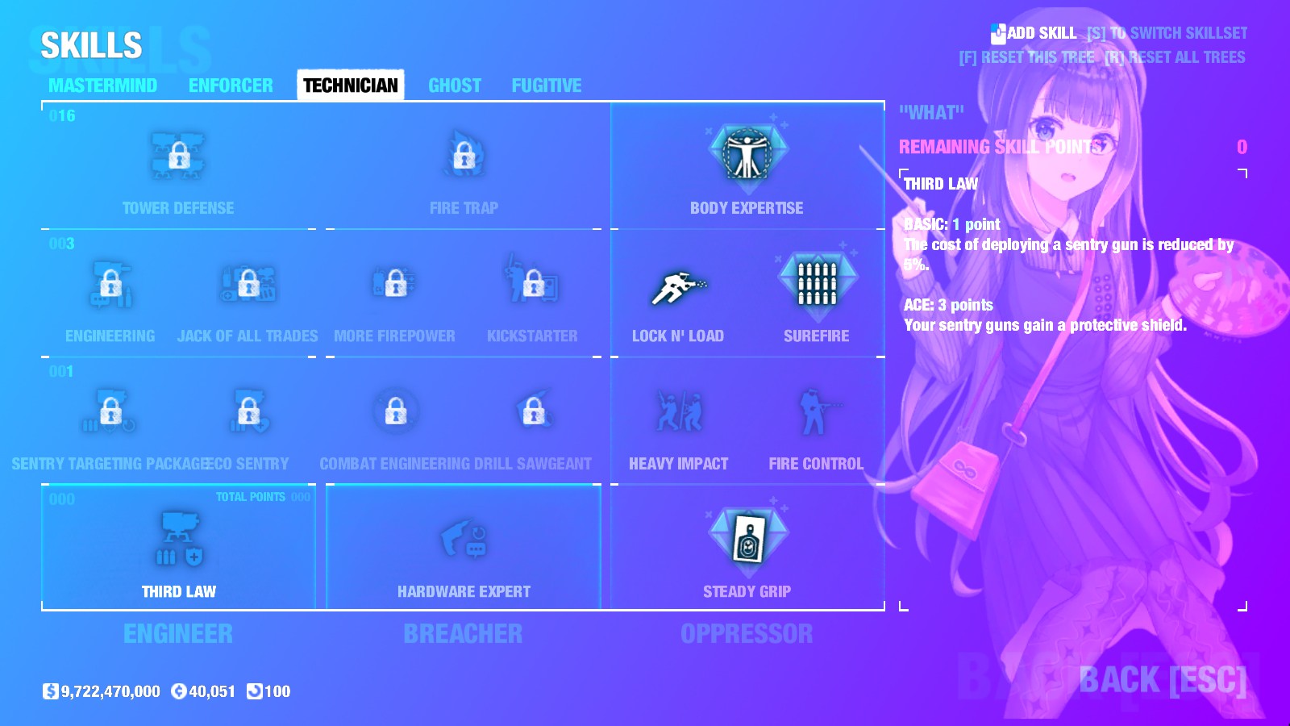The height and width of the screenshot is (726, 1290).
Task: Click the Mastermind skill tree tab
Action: coord(102,86)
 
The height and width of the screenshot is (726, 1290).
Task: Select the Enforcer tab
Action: coord(231,86)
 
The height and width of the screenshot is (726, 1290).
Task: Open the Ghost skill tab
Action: coord(455,86)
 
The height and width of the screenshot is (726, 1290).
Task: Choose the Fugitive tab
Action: coord(546,86)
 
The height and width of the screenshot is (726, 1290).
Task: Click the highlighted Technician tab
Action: coord(350,86)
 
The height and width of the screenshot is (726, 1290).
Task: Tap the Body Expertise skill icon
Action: coord(747,154)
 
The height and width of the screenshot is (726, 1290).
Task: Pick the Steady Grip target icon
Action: coord(747,538)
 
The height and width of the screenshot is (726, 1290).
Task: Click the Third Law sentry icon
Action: coord(178,538)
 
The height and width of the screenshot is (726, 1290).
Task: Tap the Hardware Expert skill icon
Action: coord(464,540)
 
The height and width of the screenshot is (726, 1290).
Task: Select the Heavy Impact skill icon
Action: coord(678,411)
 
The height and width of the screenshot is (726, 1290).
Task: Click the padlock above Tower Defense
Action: coord(178,155)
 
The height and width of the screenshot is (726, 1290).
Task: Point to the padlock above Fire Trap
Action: coord(464,155)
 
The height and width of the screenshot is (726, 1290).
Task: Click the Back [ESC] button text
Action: coord(1162,680)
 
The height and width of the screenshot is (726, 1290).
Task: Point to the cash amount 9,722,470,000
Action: coord(110,691)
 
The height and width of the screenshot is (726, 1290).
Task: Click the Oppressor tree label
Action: coord(747,634)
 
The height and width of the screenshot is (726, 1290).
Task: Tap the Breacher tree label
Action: coord(463,634)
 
